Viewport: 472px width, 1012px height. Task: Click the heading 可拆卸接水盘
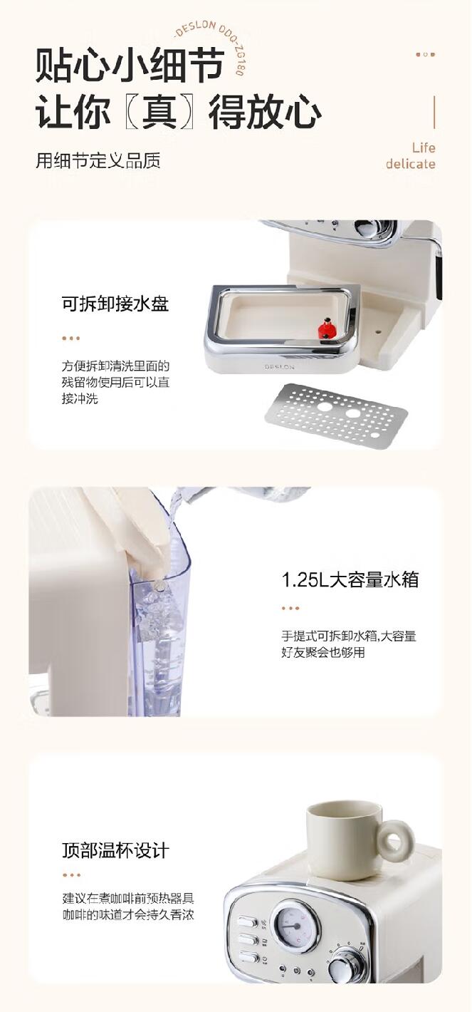coord(115,303)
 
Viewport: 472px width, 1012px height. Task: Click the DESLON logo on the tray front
coord(279,367)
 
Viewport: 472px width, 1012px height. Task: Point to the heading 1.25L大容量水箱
coord(350,579)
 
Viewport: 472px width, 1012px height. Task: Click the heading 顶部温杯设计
coord(115,850)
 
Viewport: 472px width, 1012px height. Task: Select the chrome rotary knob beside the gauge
coord(345,967)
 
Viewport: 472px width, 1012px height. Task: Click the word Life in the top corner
coord(424,148)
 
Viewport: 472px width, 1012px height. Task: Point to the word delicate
coord(411,163)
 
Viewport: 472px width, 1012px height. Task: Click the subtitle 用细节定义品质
coord(98,160)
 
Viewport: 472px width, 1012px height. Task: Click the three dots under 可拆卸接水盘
coord(71,338)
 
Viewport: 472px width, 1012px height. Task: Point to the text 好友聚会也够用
coord(323,652)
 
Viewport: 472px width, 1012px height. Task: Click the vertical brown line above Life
coord(434,113)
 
